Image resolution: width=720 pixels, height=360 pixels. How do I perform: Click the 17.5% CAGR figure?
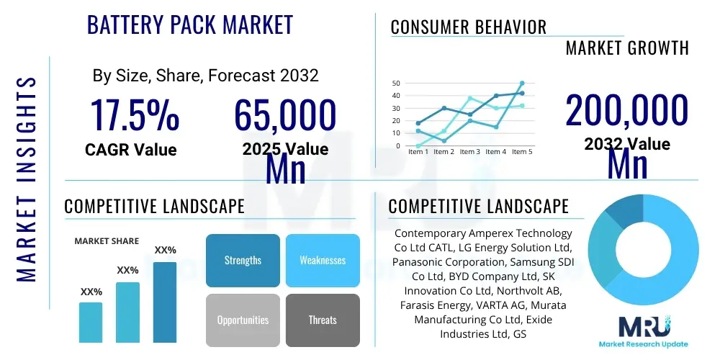tap(134, 116)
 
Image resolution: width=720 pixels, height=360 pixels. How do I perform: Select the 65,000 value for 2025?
tap(285, 116)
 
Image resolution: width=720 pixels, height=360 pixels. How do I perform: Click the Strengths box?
tap(243, 260)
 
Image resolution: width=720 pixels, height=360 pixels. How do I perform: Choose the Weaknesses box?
tap(323, 260)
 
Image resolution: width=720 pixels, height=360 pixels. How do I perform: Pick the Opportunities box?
tap(243, 320)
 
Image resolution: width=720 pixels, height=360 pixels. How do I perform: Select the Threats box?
tap(323, 320)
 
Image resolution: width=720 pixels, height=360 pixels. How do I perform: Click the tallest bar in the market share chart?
tap(165, 302)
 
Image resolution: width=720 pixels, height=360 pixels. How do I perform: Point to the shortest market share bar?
tap(91, 322)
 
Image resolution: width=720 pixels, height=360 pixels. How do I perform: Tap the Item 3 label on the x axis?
tap(469, 152)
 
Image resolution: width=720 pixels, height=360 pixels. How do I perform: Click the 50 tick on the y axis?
tap(396, 84)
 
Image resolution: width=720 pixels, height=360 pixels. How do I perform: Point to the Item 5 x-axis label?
tap(521, 152)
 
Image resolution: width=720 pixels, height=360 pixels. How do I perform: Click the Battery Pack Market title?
tap(190, 24)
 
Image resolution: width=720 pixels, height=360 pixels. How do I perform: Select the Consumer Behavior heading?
tap(469, 27)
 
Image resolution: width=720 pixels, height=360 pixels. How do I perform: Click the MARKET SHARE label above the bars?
tap(107, 241)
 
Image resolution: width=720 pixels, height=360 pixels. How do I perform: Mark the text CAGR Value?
tap(130, 150)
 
